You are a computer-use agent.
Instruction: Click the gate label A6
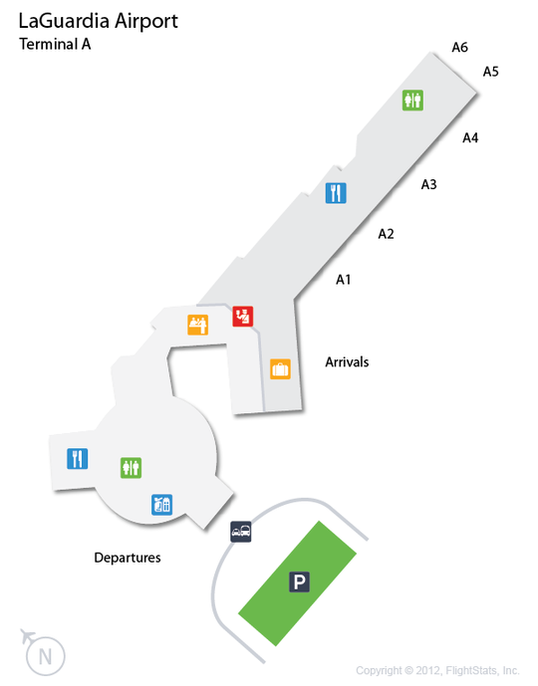pos(459,47)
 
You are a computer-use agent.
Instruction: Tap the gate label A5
pos(491,72)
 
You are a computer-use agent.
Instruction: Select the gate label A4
pos(470,137)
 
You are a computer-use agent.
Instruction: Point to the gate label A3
pos(429,184)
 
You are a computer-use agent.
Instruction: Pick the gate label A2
pos(387,234)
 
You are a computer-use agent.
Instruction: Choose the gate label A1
pos(343,279)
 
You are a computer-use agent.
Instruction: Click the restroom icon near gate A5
pos(412,101)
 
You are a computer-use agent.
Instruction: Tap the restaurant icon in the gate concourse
pos(336,193)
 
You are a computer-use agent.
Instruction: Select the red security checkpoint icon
pos(242,317)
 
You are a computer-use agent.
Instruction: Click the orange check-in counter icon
pos(198,325)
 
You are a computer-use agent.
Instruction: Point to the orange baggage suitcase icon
pos(280,368)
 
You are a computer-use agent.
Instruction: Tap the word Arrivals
pos(347,362)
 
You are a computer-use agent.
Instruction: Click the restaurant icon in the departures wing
pos(78,459)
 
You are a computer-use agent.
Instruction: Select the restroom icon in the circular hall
pos(131,468)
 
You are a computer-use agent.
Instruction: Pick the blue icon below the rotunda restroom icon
pos(162,505)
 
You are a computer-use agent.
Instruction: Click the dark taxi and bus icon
pos(241,532)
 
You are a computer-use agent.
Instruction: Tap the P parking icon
pos(300,581)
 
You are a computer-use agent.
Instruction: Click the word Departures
pos(128,558)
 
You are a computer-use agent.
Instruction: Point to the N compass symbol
pos(45,656)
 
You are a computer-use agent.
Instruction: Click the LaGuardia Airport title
pos(98,22)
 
